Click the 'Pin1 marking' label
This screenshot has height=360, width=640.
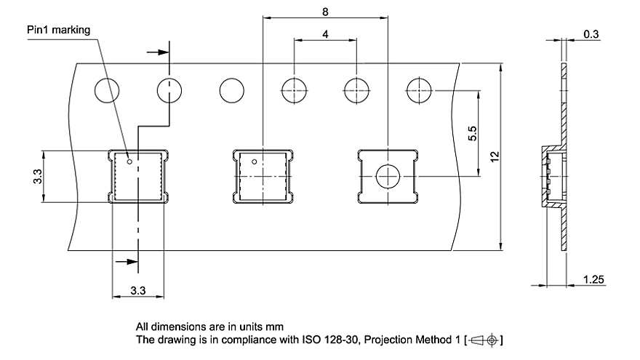point(58,31)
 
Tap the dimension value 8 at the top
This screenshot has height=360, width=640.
point(325,12)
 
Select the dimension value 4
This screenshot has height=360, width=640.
point(325,34)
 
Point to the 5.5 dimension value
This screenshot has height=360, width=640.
point(472,134)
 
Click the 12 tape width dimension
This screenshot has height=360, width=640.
point(495,157)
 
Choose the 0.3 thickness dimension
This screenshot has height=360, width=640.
point(591,34)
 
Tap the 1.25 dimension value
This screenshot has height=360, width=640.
point(593,279)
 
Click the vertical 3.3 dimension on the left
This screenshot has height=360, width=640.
point(38,176)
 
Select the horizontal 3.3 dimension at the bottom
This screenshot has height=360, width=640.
point(138,291)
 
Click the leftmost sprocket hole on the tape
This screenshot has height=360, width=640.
point(107,91)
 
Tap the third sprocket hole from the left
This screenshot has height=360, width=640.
point(232,91)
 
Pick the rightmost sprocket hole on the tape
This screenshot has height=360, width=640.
point(419,91)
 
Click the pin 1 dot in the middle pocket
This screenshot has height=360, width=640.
point(255,162)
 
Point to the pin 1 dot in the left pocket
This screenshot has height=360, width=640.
point(129,161)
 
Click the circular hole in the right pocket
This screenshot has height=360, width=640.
point(388,176)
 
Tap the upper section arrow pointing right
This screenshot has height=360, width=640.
point(158,52)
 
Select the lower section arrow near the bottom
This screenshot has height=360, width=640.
point(127,262)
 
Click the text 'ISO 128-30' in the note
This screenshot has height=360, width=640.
point(331,340)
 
